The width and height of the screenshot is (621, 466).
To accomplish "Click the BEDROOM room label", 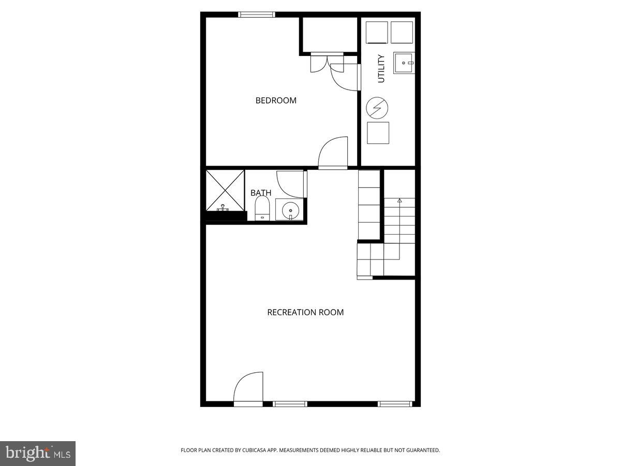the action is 276,100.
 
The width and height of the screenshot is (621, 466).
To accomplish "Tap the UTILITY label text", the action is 381,69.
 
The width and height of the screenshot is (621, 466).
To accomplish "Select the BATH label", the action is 261,193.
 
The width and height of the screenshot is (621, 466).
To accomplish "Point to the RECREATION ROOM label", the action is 305,312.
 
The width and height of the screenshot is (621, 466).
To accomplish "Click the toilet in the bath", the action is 262,208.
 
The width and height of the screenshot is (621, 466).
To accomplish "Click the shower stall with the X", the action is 225,191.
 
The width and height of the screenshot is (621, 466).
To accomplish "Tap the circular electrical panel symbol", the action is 377,108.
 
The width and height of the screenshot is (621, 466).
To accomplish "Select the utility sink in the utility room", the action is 404,63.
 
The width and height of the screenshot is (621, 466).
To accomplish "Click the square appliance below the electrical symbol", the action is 378,133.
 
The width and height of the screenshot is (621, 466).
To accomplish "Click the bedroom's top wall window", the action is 257,14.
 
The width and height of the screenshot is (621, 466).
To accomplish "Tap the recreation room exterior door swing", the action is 248,389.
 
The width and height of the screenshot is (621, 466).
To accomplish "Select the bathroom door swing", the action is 292,184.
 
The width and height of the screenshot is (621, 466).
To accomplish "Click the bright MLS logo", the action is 38,454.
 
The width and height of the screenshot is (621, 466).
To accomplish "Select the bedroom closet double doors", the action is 328,63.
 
